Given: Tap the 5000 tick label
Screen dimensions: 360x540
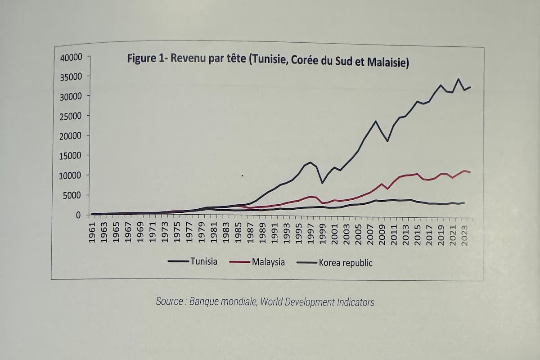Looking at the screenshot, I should [73, 195].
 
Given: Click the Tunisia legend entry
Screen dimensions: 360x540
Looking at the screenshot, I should [203, 261].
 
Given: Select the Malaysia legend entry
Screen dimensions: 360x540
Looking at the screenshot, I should [268, 262].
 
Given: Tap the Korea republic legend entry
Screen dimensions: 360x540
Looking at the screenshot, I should [346, 263].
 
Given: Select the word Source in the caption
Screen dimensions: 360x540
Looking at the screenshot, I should [169, 301].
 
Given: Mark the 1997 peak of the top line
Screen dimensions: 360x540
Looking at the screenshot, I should [310, 162].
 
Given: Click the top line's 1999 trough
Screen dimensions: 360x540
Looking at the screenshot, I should [322, 183].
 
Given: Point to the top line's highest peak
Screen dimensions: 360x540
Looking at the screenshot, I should [459, 79].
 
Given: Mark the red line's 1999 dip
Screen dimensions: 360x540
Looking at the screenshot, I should [322, 203].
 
